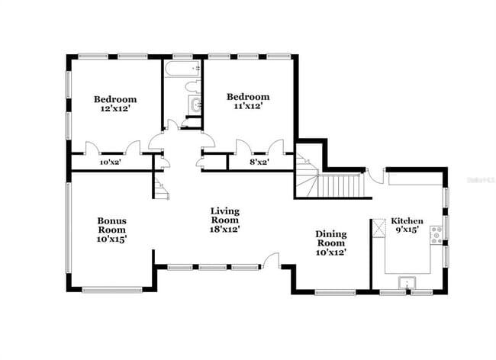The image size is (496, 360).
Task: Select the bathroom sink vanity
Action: coord(195,104)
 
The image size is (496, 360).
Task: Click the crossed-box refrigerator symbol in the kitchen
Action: coord(379,227)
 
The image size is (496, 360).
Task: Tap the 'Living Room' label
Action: coord(225,216)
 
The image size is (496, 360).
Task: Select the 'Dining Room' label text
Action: coord(331,239)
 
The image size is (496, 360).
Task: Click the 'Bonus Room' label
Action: coord(111,226)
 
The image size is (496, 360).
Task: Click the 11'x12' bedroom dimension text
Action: coord(248,108)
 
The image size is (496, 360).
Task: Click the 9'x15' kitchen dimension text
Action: coord(407,230)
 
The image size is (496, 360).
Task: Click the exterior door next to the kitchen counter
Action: coord(373,177)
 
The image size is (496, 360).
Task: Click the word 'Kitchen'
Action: coord(407,220)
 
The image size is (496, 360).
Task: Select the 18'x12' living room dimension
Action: coord(225,229)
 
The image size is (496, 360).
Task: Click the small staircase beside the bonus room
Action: coord(159,188)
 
